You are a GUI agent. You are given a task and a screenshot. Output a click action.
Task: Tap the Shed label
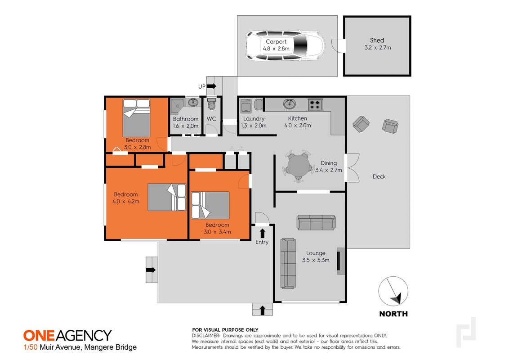377,40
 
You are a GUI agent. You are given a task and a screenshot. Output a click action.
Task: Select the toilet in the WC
211,103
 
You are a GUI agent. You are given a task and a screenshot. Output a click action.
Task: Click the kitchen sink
289,104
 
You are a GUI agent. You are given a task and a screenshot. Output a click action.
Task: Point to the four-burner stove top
315,104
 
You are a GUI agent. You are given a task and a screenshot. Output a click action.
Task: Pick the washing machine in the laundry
246,105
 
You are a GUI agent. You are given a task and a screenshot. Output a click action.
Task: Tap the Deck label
379,176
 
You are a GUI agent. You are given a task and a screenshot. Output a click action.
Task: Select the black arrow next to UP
211,86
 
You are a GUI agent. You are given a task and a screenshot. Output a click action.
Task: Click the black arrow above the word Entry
262,233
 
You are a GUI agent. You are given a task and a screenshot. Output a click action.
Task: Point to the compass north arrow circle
393,291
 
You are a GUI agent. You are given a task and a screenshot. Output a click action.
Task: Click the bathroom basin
193,102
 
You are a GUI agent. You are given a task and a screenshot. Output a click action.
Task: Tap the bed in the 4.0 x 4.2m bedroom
167,197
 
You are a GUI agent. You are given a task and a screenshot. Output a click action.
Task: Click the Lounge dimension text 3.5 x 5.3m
316,260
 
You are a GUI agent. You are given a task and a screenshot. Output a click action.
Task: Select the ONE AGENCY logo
67,335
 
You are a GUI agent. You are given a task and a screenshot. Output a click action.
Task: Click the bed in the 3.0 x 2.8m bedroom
136,118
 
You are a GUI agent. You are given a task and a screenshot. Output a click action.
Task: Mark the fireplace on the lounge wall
340,261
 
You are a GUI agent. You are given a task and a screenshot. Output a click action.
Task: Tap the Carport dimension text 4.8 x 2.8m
276,49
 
